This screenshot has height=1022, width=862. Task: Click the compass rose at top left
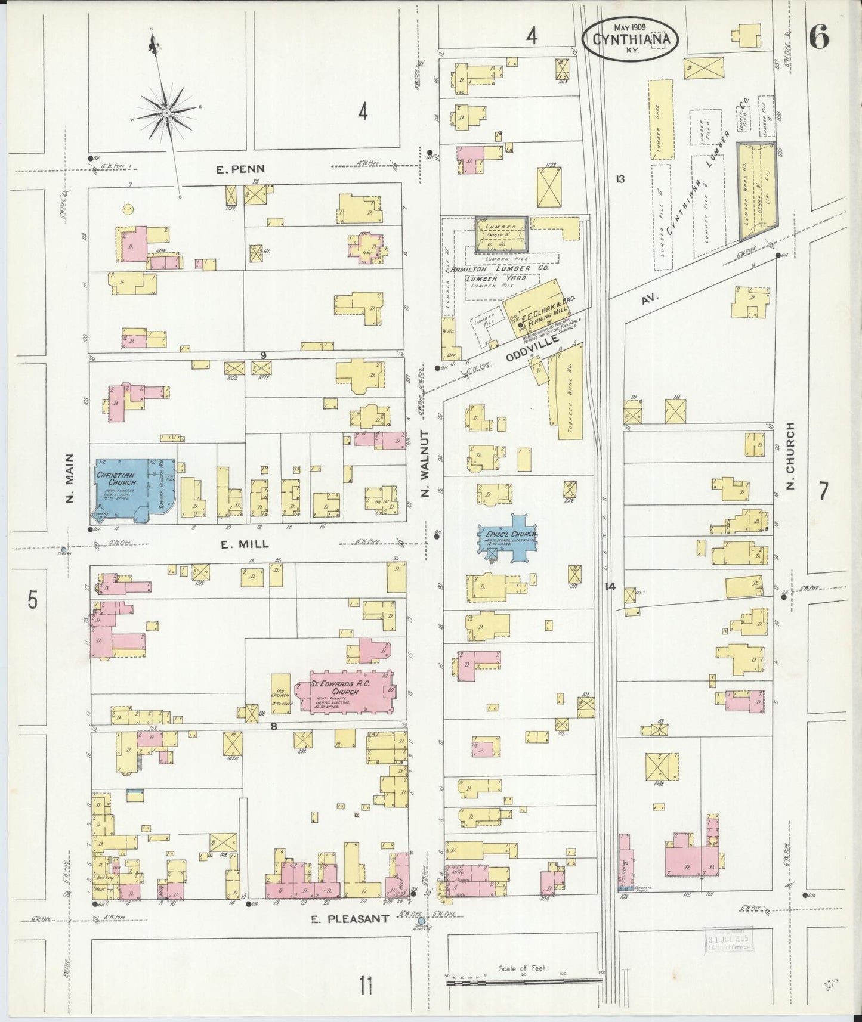point(166,112)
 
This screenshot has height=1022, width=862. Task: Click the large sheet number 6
point(820,38)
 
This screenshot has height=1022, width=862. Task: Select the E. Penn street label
point(240,169)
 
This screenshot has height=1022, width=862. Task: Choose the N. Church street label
point(791,456)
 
